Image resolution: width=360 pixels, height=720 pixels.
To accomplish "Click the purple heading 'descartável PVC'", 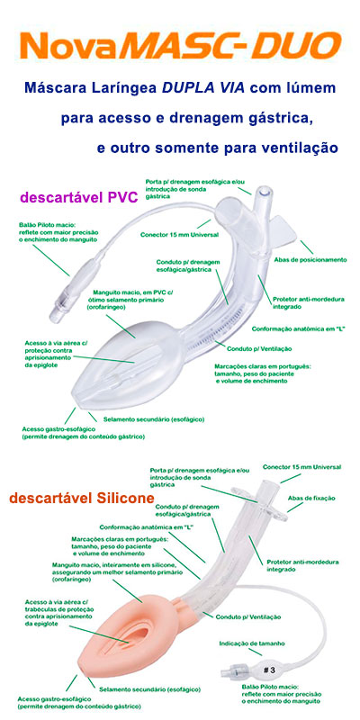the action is pos(78,197).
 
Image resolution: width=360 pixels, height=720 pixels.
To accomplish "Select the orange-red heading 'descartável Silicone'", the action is pos(81,498).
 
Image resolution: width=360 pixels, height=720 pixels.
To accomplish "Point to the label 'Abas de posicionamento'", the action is pos(310,260).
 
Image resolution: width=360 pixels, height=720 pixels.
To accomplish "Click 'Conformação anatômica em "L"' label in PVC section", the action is pos(298,328).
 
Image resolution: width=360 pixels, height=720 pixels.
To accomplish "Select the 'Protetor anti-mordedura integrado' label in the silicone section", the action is pos(302,565).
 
